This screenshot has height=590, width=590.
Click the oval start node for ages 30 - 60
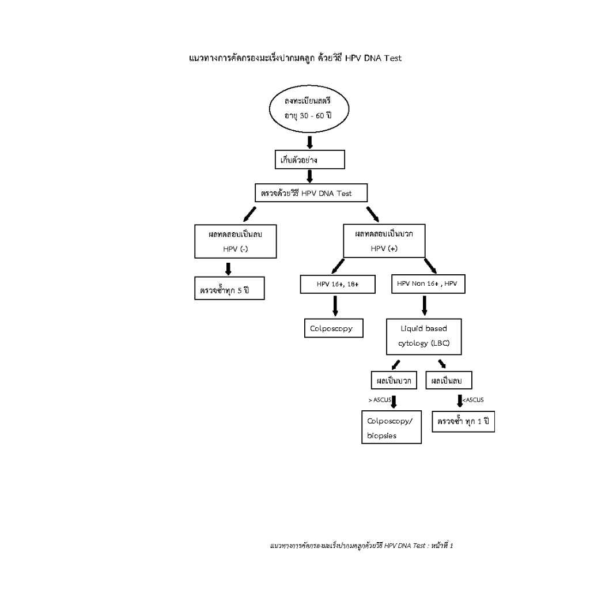(309, 110)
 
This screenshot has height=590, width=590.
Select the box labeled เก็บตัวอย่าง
(309, 160)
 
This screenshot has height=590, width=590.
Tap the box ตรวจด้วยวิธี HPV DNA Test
(311, 193)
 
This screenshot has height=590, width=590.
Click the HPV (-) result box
(235, 241)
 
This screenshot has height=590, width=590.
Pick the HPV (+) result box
(384, 241)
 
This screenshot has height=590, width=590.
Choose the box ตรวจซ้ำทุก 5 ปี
(228, 289)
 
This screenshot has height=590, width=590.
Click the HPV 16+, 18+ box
(338, 284)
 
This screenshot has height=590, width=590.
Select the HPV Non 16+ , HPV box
(428, 284)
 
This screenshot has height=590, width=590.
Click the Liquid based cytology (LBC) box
(423, 336)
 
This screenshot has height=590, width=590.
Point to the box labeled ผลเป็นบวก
(394, 380)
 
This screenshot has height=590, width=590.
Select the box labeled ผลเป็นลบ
(448, 380)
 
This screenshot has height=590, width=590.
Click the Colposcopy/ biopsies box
(391, 428)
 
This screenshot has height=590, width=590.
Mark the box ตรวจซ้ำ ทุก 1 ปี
(463, 422)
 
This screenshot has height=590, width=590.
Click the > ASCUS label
(379, 400)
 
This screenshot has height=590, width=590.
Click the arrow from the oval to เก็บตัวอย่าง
(309, 142)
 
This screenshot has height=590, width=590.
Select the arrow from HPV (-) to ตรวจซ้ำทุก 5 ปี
(228, 268)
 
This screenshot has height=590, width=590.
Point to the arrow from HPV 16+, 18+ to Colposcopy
(335, 305)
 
